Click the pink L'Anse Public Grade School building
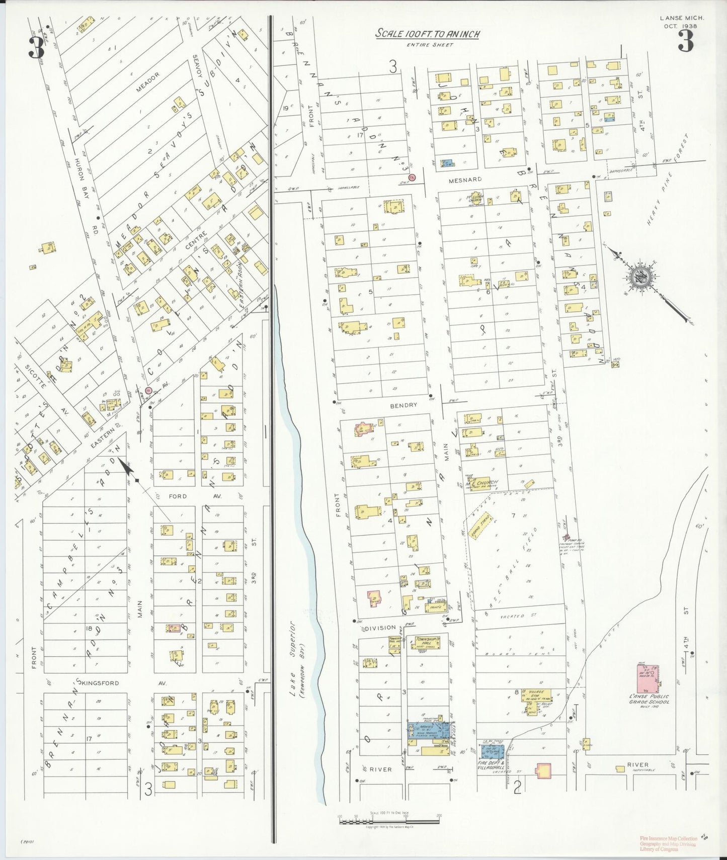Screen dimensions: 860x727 point(649,678)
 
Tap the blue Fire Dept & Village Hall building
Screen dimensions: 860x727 point(490,751)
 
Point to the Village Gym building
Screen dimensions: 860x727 point(536,696)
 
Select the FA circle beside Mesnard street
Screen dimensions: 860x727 point(412,178)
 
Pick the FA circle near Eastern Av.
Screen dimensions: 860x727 point(148,390)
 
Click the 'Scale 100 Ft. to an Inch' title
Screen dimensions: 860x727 point(427,34)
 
